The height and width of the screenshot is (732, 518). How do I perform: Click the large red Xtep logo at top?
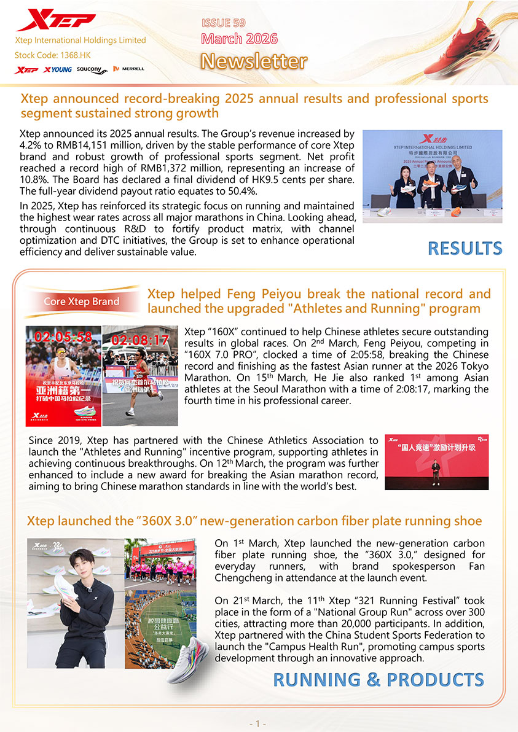[55, 21]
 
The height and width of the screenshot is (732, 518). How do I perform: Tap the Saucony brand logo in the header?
[92, 70]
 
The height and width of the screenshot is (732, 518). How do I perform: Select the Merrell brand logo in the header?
[129, 69]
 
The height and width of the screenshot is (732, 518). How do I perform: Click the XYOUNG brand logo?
[58, 70]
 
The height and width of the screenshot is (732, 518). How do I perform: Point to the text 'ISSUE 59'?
[224, 23]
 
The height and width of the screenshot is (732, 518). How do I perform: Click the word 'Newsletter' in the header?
[254, 61]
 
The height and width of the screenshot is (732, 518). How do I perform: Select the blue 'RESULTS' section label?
[465, 248]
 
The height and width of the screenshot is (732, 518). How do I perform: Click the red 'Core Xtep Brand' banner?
[81, 302]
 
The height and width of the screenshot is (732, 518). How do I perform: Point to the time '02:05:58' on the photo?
[63, 337]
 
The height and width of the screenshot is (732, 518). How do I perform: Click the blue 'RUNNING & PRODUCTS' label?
[378, 680]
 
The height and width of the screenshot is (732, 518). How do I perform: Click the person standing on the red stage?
[435, 473]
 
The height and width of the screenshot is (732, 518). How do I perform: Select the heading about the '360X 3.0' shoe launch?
[254, 521]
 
